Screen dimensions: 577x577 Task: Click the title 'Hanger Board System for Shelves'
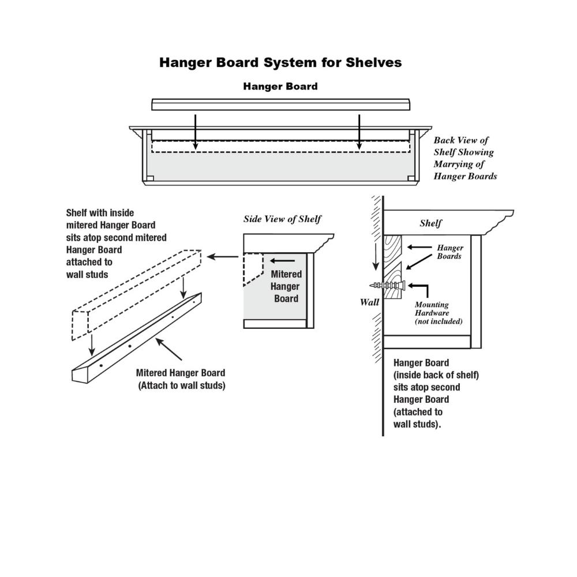click(280, 62)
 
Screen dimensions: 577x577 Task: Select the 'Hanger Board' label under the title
click(280, 87)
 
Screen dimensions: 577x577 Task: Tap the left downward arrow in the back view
click(196, 132)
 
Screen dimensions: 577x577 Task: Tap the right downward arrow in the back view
click(359, 132)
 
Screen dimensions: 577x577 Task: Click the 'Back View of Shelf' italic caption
click(465, 158)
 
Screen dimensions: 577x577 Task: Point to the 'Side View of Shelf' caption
click(282, 219)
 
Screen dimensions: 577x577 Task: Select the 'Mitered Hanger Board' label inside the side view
click(286, 286)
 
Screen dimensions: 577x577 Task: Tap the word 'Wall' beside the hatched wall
click(369, 302)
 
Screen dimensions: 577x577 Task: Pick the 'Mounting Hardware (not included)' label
click(439, 313)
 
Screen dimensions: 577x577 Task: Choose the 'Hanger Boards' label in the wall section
click(450, 252)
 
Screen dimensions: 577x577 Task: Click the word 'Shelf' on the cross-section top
click(431, 223)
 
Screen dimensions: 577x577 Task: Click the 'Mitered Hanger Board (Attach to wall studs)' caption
click(181, 379)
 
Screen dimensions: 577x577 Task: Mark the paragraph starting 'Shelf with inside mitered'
click(116, 243)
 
